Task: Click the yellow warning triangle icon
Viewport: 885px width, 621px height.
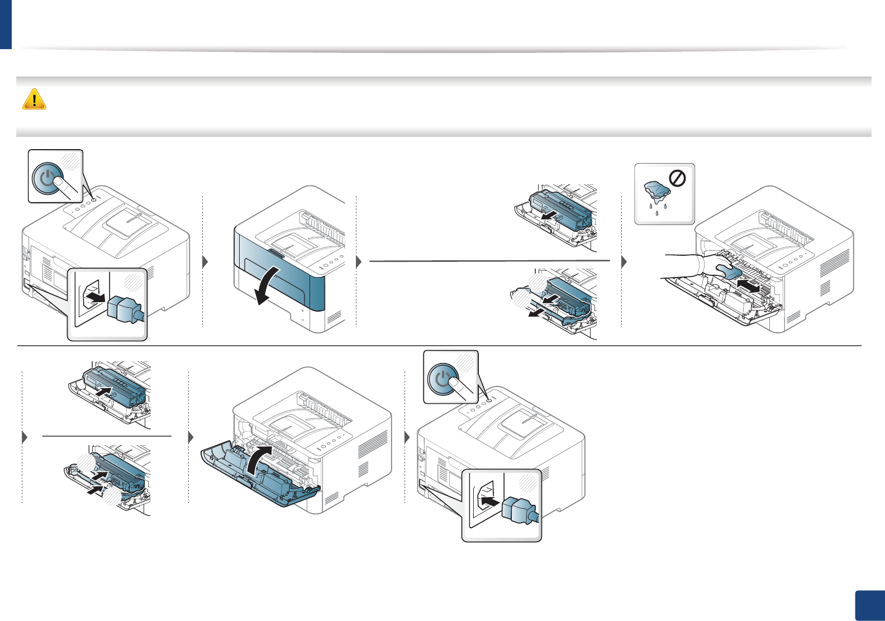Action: (34, 99)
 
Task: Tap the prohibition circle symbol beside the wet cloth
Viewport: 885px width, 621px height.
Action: (678, 179)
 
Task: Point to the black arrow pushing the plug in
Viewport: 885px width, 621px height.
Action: (490, 501)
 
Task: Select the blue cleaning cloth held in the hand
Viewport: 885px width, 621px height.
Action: (727, 270)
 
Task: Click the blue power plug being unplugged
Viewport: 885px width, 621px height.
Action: (125, 309)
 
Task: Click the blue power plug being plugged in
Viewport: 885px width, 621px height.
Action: (520, 512)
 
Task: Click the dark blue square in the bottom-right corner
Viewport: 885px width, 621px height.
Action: (870, 605)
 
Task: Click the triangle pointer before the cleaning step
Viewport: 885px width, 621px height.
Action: (624, 261)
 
